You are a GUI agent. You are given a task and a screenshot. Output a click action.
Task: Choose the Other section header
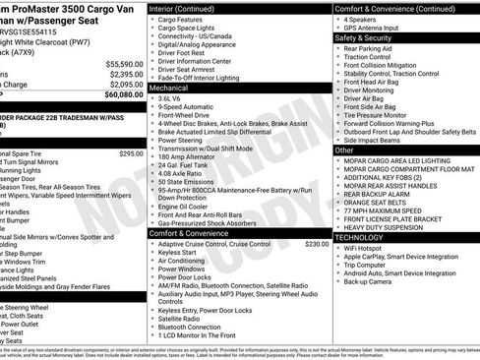coord(344,150)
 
